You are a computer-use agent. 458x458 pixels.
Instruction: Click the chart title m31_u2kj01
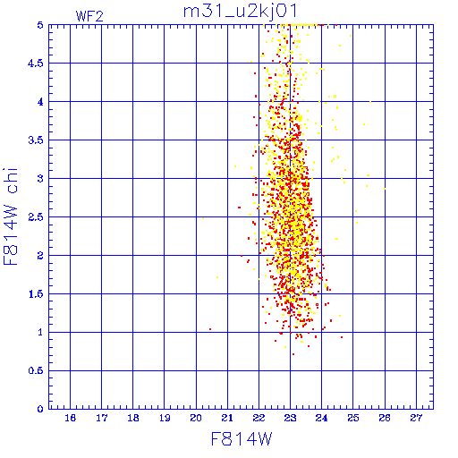click(241, 12)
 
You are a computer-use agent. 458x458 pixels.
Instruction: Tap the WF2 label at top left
click(89, 16)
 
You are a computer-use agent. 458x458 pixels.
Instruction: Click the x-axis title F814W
click(242, 439)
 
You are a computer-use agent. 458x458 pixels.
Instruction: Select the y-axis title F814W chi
click(11, 216)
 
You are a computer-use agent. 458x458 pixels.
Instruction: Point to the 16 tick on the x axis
click(70, 418)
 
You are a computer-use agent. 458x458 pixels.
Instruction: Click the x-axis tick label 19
click(165, 418)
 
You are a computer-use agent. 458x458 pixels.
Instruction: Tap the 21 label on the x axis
click(227, 418)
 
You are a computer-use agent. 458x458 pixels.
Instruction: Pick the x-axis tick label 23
click(290, 418)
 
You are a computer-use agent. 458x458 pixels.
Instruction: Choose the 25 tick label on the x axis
click(353, 418)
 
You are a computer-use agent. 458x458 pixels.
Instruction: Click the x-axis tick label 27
click(416, 418)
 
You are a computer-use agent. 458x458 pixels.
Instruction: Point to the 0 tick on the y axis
click(40, 409)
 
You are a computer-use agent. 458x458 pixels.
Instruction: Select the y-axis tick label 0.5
click(36, 370)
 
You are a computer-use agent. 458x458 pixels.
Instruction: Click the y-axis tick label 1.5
click(36, 294)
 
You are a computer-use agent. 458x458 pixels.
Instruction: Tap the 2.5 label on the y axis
click(36, 217)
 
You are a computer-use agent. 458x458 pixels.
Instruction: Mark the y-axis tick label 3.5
click(36, 140)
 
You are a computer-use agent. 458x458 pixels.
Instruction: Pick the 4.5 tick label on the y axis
click(36, 64)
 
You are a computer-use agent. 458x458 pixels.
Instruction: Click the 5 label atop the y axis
click(40, 25)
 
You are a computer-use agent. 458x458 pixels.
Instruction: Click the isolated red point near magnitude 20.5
click(210, 329)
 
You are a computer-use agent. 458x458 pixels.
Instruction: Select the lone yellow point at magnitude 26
click(385, 189)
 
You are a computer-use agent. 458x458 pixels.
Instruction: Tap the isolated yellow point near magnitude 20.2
click(203, 218)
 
